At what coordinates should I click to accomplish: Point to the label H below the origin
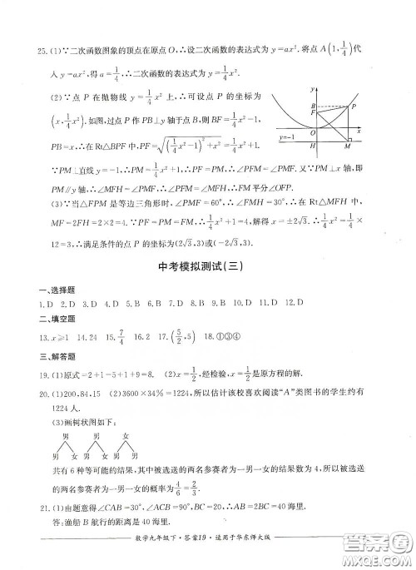[x=307, y=147]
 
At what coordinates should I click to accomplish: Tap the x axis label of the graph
[x=359, y=130]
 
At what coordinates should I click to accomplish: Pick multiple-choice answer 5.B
[x=114, y=304]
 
